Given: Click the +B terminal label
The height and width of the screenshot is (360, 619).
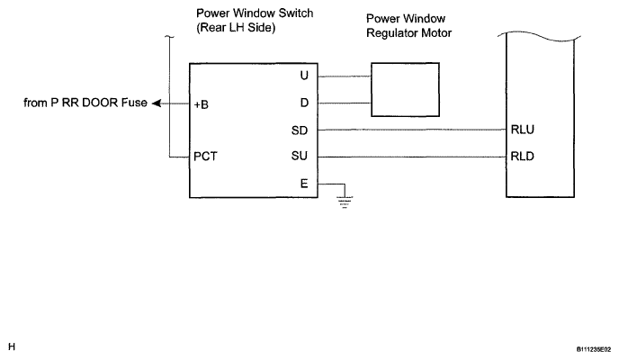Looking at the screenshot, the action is pos(202,104).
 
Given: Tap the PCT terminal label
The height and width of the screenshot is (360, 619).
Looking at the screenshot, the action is pos(205,157).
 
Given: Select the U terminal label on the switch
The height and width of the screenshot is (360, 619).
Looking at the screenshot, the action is pos(304,76).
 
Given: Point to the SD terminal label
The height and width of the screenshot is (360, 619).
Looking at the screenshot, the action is pos(300,130).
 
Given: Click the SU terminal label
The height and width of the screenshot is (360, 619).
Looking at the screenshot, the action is pos(300,156).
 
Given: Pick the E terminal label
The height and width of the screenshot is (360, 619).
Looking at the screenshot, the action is pos(304,184).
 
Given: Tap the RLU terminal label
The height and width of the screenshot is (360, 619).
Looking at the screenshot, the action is pos(522,130).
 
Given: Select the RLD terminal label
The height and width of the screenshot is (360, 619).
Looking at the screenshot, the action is pos(522,157).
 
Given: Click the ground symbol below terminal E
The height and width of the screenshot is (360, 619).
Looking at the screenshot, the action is pos(345,202).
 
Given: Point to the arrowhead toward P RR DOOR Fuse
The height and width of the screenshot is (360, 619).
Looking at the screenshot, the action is pos(157,103).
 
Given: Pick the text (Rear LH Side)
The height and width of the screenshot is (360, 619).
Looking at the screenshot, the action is pos(236,28).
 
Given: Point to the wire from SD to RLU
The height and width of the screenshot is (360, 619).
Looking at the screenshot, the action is pos(412,130).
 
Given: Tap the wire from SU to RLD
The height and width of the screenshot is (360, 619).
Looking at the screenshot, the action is pos(412,157).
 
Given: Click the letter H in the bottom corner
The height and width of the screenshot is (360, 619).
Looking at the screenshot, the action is pos(12,347).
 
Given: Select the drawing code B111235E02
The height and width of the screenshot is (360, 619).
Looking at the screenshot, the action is pos(594,350).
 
